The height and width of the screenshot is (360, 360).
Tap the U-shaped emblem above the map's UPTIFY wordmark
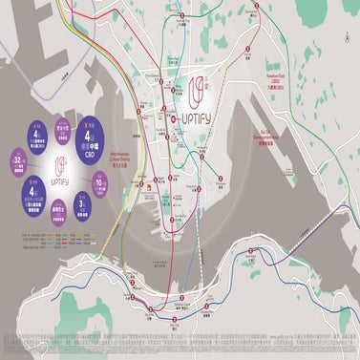200,93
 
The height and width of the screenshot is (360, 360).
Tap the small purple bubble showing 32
19,159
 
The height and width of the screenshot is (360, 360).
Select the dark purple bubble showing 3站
83,204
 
